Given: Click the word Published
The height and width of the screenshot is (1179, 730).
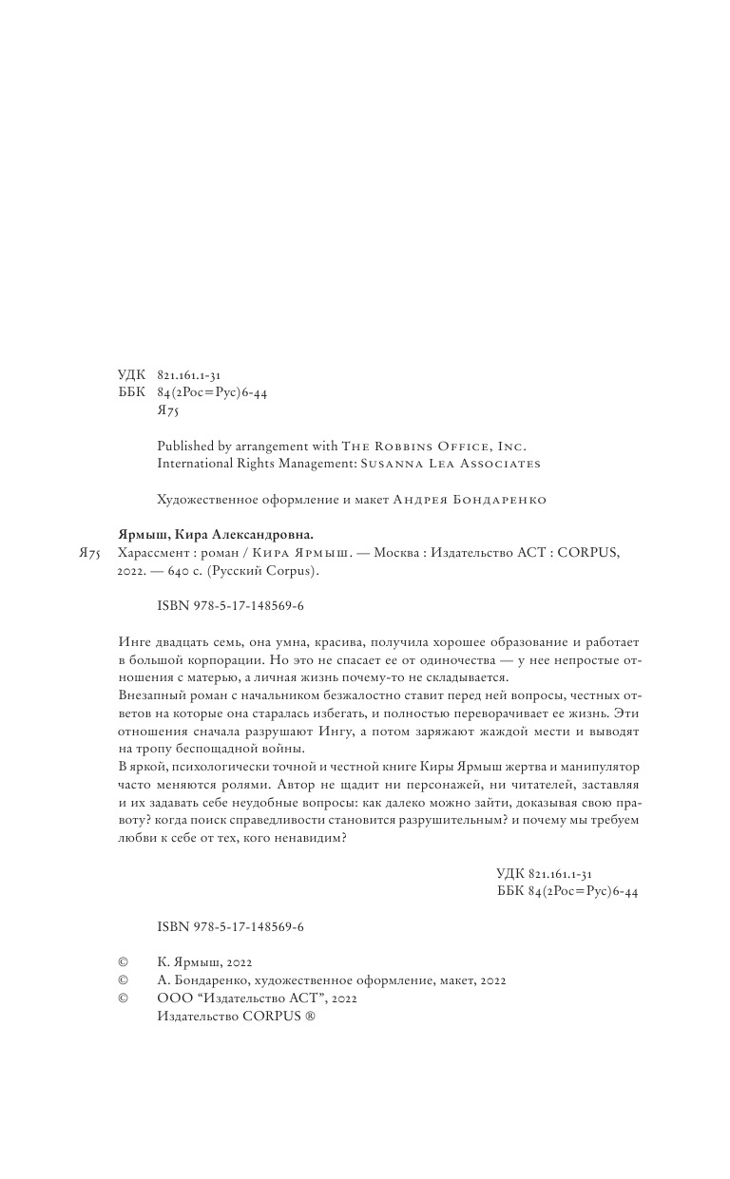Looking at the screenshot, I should pyautogui.click(x=182, y=446).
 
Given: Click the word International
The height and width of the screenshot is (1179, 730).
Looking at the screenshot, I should pyautogui.click(x=195, y=464).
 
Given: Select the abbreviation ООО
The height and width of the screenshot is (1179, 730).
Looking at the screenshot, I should pyautogui.click(x=170, y=998).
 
